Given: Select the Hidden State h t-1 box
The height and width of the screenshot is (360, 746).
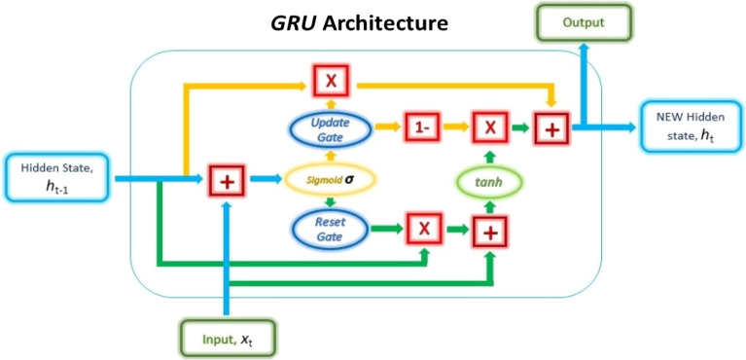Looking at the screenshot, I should tap(56, 177).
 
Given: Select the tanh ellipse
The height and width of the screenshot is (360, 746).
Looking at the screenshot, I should tap(490, 180).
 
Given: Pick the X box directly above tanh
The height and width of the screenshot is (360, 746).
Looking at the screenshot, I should tap(490, 126).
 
